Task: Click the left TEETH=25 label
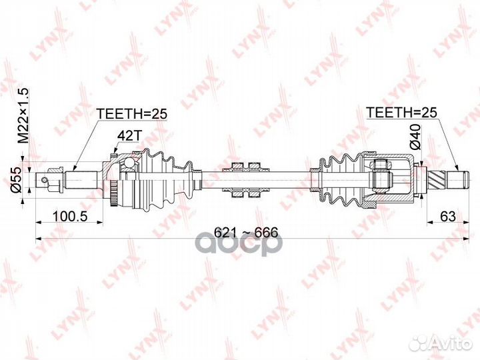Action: pos(131,114)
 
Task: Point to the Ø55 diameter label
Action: pos(21,179)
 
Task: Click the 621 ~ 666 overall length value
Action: pos(246,233)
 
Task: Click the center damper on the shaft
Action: pos(245,179)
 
